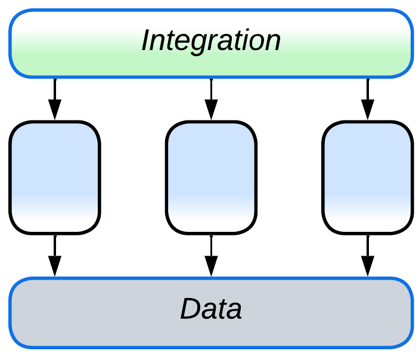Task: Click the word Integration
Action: point(210,41)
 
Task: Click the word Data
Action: point(211,309)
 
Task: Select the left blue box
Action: point(54,177)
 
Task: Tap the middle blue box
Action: point(211,177)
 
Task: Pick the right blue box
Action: point(367,177)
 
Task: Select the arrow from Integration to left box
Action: point(54,98)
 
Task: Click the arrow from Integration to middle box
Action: point(211,98)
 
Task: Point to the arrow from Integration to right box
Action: point(367,98)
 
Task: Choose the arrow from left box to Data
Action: point(54,255)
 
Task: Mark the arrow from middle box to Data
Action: point(211,255)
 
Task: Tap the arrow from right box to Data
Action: point(367,255)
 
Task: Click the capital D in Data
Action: point(190,309)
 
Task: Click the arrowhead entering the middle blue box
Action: point(211,110)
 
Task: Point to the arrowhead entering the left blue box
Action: point(54,110)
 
